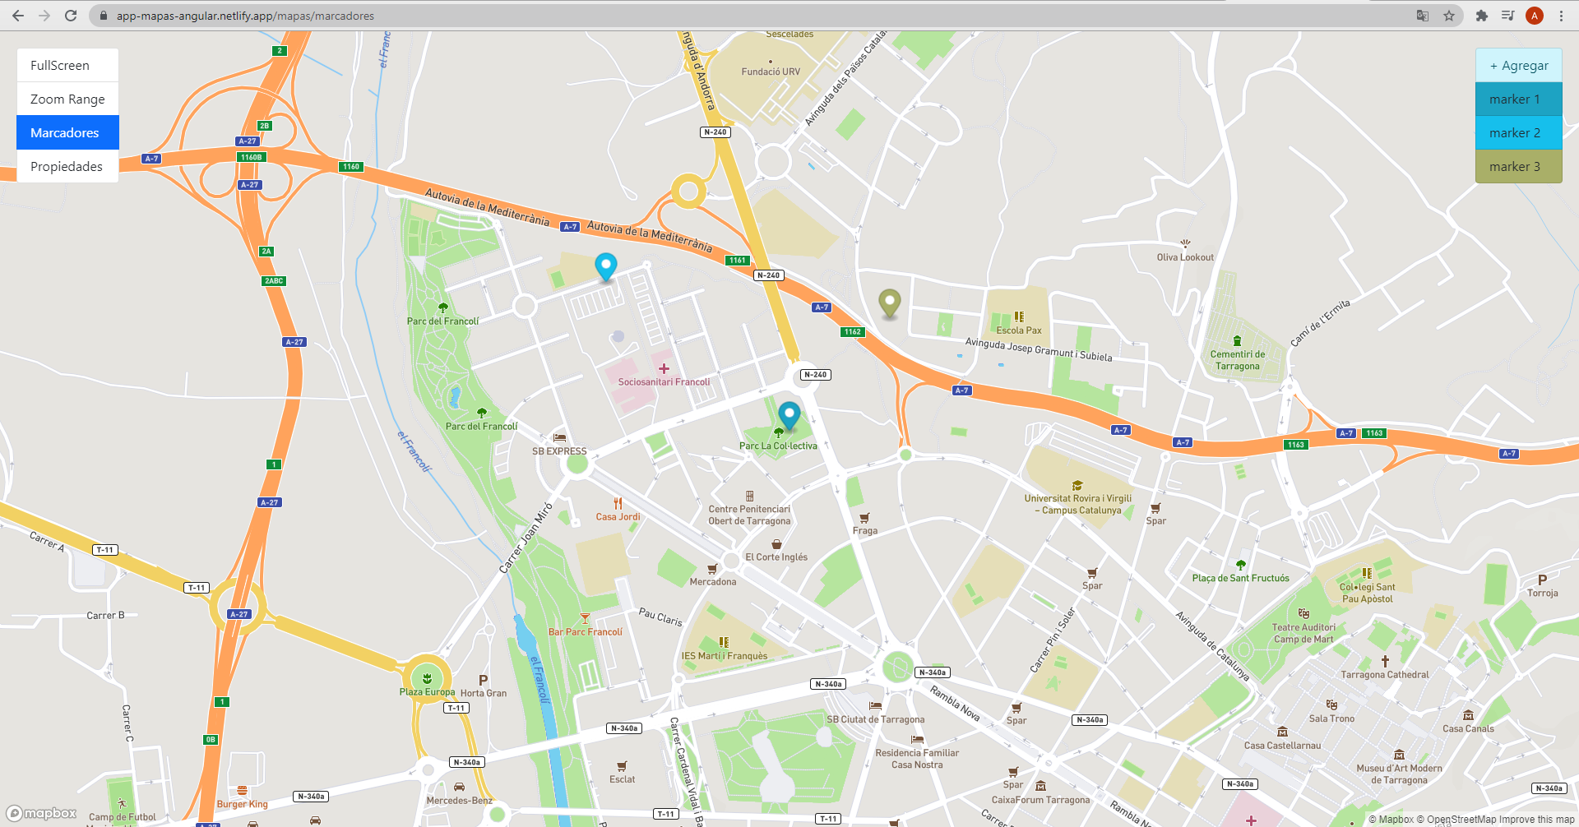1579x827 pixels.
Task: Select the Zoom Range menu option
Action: [67, 99]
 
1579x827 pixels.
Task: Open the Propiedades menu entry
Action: [67, 167]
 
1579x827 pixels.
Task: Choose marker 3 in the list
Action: [1518, 167]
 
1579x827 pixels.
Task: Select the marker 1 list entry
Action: [1518, 99]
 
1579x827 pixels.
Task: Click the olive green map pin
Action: [889, 303]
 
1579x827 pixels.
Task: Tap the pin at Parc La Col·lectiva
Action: [789, 415]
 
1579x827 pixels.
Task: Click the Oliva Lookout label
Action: [1185, 257]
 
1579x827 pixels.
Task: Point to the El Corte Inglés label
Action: [776, 557]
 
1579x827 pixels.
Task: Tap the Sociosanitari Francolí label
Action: [664, 382]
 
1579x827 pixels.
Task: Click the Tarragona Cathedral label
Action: [1385, 675]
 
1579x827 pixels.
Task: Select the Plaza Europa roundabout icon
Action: [427, 678]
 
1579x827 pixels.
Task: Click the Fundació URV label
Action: [771, 72]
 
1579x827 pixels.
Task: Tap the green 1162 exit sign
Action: [852, 332]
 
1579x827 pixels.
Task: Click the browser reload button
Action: [71, 16]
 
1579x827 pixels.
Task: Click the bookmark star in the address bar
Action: [1449, 16]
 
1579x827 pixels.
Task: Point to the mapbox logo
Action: [42, 813]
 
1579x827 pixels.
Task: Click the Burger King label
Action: [242, 804]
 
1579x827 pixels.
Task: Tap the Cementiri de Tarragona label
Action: [1237, 360]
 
